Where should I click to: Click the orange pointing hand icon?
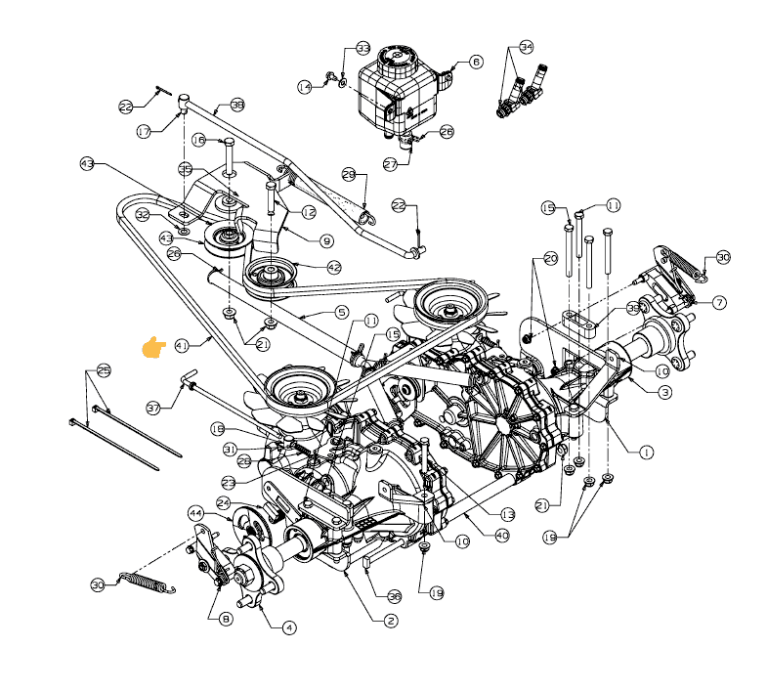(153, 347)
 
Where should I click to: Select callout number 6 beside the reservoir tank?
(476, 62)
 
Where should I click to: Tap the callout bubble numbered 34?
(527, 47)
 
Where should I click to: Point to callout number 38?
(237, 105)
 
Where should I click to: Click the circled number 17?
(144, 131)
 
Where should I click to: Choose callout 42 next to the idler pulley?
(334, 266)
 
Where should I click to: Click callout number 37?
(152, 408)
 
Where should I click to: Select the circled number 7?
(719, 303)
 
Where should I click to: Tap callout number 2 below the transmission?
(390, 621)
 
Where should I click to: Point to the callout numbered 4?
(289, 627)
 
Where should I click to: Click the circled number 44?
(195, 513)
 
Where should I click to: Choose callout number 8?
(227, 619)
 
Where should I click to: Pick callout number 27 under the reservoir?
(390, 164)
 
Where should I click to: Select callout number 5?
(341, 313)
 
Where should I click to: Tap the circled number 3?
(664, 392)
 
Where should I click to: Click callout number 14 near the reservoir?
(305, 87)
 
